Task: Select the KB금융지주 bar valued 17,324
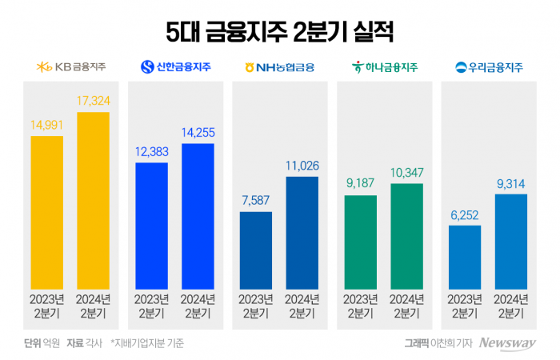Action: click(93, 200)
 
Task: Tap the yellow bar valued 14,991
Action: click(46, 212)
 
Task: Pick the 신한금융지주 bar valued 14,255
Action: click(198, 216)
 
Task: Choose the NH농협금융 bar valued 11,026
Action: click(302, 232)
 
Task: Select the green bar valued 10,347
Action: click(407, 236)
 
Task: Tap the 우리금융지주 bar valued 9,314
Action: click(511, 241)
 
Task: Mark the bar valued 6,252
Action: click(465, 257)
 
